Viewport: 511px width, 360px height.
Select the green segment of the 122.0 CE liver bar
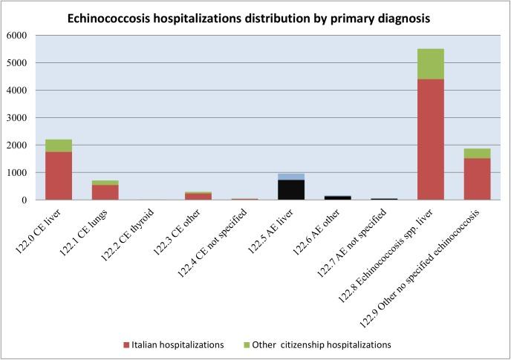coord(59,145)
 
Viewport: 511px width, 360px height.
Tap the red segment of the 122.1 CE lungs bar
coord(105,192)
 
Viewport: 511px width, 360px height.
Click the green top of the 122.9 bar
coord(477,153)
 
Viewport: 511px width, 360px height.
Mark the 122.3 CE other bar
coord(198,196)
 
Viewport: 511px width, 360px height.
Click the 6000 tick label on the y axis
coord(16,36)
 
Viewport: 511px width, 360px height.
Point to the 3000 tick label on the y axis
coord(16,118)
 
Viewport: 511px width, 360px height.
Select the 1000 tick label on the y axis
coord(16,173)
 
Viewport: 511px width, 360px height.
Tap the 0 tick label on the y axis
coord(24,200)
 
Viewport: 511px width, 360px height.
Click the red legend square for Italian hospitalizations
coord(128,345)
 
